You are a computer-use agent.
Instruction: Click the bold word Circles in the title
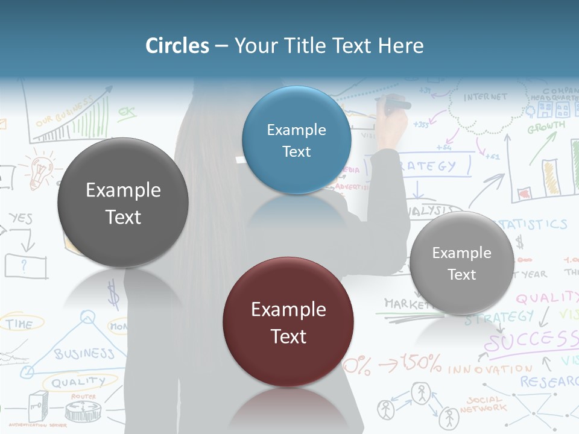pyautogui.click(x=177, y=46)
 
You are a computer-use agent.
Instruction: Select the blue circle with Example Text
pyautogui.click(x=296, y=140)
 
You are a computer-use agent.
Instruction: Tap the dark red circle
pyautogui.click(x=288, y=322)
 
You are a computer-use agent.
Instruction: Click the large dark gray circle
pyautogui.click(x=123, y=203)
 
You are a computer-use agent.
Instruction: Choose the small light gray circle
pyautogui.click(x=462, y=263)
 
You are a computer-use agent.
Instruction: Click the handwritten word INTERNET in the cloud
pyautogui.click(x=486, y=97)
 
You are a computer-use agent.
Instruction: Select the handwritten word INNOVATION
pyautogui.click(x=490, y=368)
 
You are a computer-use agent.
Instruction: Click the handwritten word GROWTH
pyautogui.click(x=546, y=128)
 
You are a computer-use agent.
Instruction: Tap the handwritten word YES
pyautogui.click(x=21, y=218)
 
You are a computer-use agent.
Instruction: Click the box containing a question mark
pyautogui.click(x=25, y=265)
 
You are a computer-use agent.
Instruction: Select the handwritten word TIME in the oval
pyautogui.click(x=19, y=324)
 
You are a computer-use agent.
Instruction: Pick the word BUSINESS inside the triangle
pyautogui.click(x=84, y=353)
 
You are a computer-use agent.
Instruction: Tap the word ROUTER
pyautogui.click(x=83, y=397)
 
